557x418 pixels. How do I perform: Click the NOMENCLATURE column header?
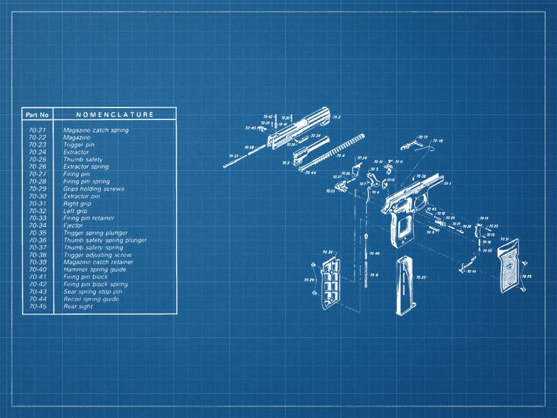114,115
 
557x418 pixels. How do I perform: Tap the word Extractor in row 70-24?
76,152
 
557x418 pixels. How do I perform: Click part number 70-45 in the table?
37,306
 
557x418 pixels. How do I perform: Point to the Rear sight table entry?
78,306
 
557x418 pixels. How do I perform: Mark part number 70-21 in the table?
37,130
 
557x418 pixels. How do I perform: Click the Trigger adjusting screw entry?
97,255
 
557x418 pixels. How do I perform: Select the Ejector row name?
73,226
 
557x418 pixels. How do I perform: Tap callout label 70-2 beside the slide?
337,117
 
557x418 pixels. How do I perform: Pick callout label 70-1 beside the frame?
447,184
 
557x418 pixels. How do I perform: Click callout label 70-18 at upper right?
438,141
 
